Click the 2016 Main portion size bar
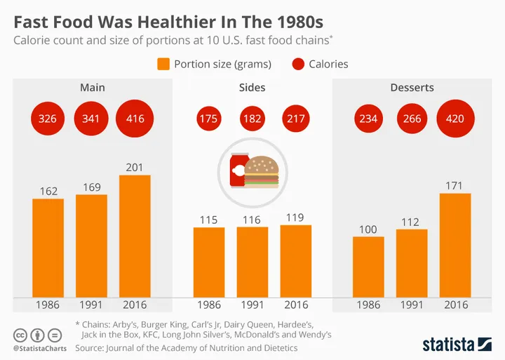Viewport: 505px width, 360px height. (135, 235)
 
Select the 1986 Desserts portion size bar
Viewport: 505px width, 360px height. (368, 266)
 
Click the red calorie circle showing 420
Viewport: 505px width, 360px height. (455, 119)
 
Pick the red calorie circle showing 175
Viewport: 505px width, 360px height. (208, 119)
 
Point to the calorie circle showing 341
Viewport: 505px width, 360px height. (91, 119)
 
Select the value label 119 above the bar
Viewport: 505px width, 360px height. (295, 217)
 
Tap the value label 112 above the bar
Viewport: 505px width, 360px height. (412, 221)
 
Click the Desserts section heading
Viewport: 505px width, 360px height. (412, 88)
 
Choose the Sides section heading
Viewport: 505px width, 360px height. (252, 88)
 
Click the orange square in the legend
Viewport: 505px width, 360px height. (163, 65)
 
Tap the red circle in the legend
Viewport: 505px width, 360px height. (298, 65)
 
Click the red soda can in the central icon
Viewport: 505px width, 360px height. (237, 171)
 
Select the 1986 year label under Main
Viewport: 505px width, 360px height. (48, 305)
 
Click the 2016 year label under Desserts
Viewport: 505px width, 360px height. (455, 305)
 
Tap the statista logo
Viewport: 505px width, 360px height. (457, 343)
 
